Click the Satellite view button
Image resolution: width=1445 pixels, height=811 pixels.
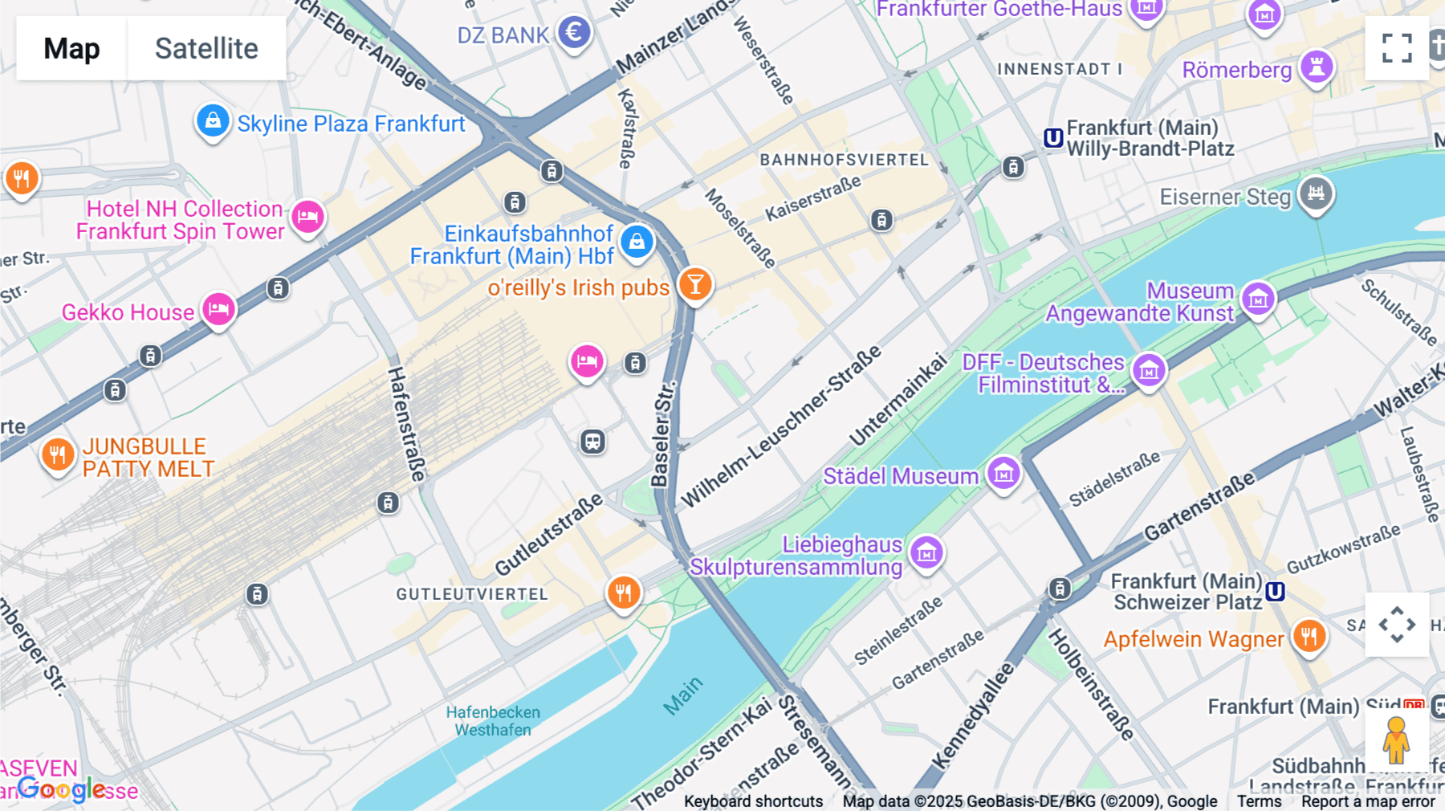206,48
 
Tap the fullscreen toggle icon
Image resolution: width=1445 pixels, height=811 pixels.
1397,48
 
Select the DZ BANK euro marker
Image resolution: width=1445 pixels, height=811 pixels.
574,33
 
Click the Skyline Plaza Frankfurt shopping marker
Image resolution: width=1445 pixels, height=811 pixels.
213,121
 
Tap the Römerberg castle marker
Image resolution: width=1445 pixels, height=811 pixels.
1317,67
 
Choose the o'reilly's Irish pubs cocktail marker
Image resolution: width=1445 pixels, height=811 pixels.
695,284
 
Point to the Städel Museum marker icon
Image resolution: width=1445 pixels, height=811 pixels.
1003,474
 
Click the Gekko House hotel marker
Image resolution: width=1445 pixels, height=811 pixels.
218,309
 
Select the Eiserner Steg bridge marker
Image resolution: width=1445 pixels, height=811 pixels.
1316,194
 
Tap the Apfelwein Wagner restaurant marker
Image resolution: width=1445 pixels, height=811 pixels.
1309,636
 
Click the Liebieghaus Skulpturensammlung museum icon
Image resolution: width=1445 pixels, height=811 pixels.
927,552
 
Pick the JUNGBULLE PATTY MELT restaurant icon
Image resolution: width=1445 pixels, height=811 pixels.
57,455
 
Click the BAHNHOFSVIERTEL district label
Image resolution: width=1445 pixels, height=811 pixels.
844,160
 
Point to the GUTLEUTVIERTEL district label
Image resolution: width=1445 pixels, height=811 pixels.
472,594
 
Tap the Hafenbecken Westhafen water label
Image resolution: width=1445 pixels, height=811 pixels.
493,721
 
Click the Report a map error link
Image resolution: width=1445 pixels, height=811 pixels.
1368,801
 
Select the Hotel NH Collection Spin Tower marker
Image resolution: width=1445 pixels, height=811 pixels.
307,216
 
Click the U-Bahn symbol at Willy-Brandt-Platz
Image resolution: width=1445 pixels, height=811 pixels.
1053,138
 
